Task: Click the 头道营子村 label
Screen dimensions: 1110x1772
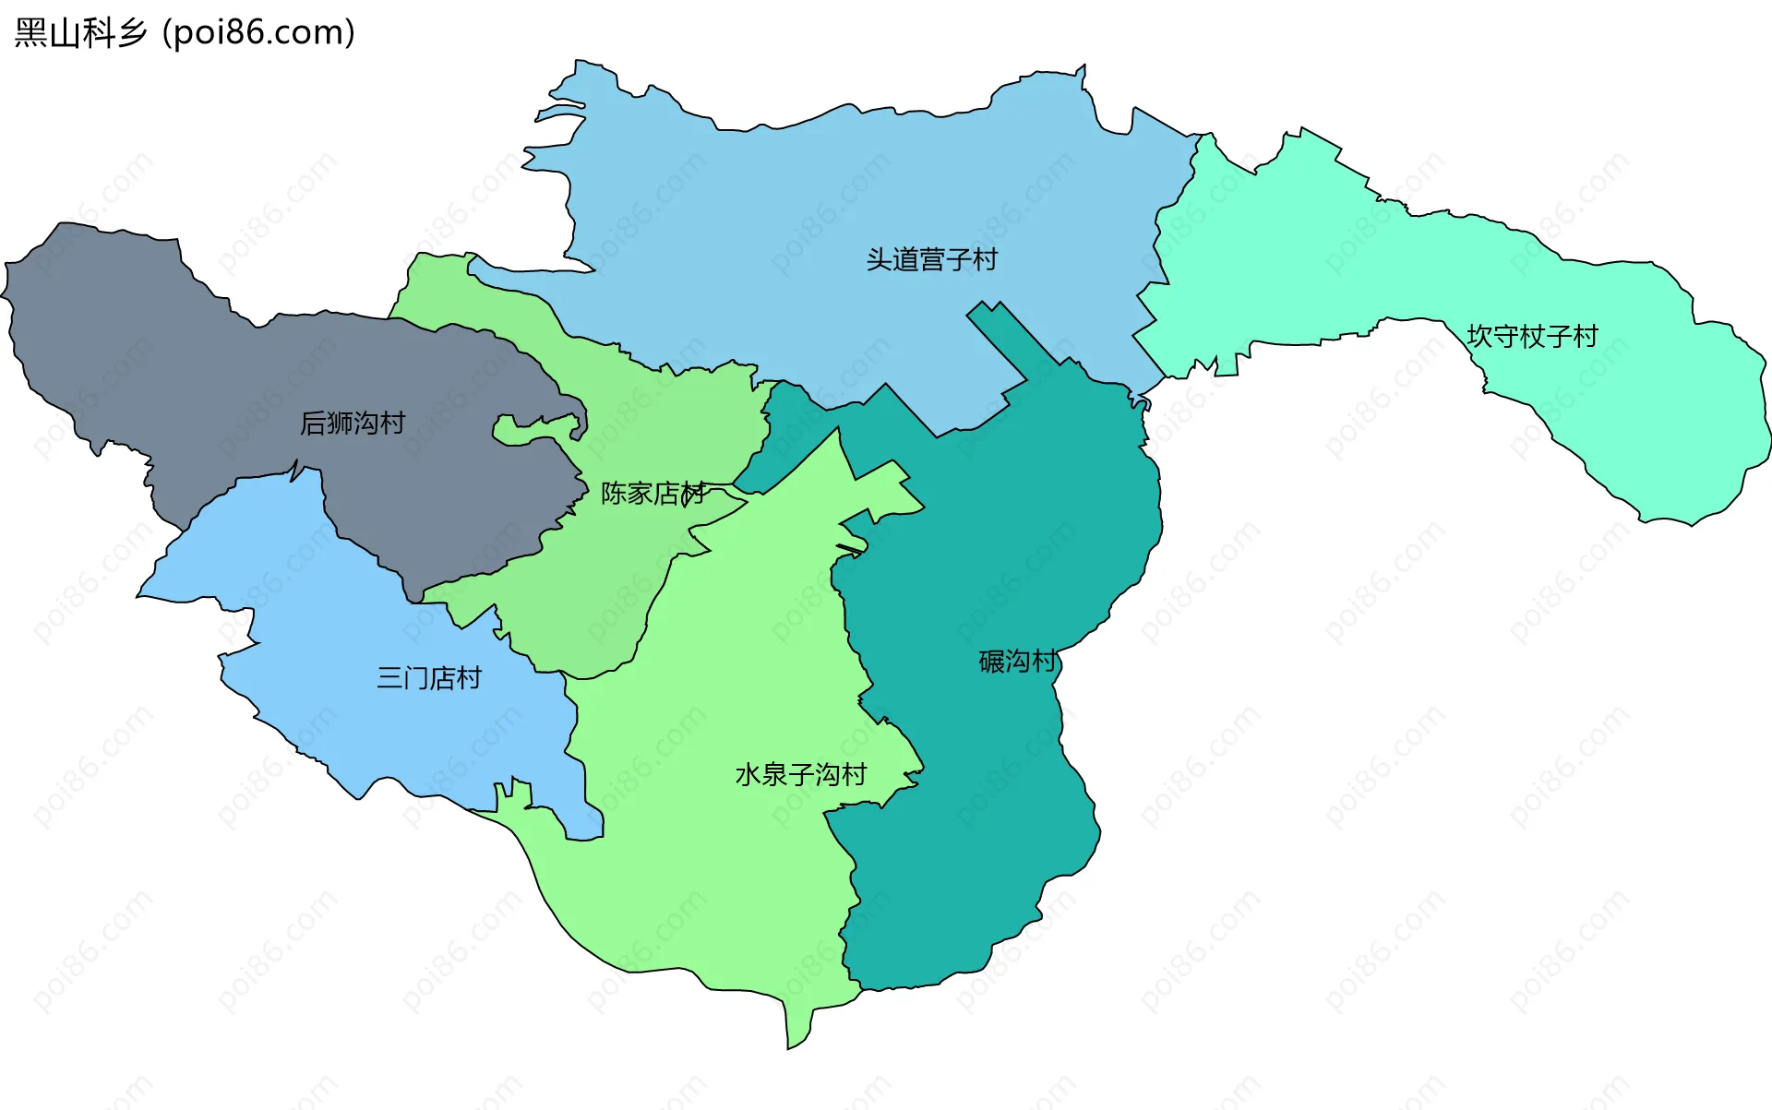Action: [x=931, y=259]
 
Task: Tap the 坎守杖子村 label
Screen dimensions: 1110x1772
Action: [x=1532, y=336]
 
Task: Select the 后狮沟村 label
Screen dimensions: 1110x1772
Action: [x=353, y=423]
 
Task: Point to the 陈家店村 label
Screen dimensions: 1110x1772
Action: [x=653, y=494]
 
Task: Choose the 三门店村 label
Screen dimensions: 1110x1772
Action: [x=428, y=678]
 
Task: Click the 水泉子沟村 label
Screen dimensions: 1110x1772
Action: [x=800, y=774]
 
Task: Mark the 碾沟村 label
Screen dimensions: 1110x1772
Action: [x=1017, y=662]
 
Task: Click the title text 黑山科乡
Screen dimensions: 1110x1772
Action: [x=81, y=33]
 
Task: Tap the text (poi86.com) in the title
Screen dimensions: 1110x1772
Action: [x=258, y=33]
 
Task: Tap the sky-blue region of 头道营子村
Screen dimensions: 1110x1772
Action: [x=784, y=203]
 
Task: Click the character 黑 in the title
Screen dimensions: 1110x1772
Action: [x=30, y=33]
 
